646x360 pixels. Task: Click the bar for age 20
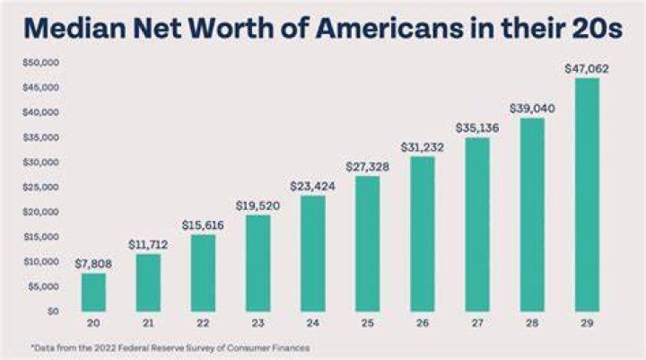(x=93, y=293)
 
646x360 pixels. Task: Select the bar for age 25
(x=368, y=243)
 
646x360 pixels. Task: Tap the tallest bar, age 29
(x=587, y=195)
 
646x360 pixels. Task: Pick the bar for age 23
(x=258, y=263)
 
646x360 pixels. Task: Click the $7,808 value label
(x=93, y=264)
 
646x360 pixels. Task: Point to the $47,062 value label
(x=587, y=69)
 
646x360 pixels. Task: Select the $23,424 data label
(x=313, y=187)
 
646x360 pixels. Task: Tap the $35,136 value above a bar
(x=477, y=128)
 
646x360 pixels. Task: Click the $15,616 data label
(x=203, y=225)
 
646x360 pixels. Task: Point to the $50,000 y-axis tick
(x=41, y=63)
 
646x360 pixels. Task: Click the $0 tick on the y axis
(x=53, y=312)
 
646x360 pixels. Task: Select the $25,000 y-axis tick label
(x=41, y=188)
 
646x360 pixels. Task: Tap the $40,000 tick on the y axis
(x=41, y=112)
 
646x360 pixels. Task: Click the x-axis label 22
(x=203, y=323)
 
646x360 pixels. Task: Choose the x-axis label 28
(x=532, y=323)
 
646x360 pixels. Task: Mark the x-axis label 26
(x=423, y=323)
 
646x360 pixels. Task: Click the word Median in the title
(x=75, y=28)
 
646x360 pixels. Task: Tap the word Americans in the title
(x=389, y=28)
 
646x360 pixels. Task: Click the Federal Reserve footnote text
(x=170, y=348)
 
